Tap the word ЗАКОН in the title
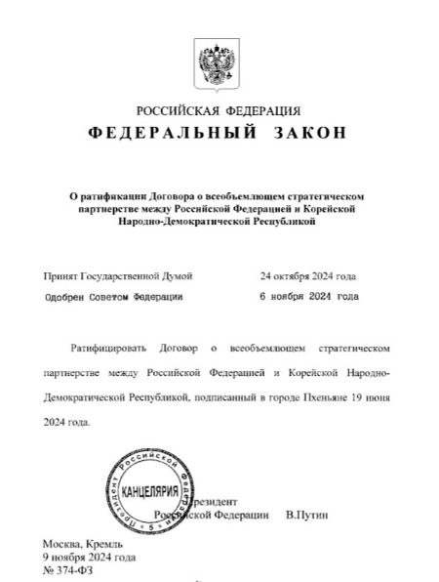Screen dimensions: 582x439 [x=309, y=133]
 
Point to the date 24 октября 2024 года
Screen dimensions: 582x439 [x=307, y=276]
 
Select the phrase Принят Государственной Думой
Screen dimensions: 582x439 [x=117, y=276]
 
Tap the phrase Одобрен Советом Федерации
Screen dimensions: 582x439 [x=113, y=296]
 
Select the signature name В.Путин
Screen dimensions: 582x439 [x=307, y=514]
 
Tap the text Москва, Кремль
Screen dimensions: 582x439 [x=82, y=542]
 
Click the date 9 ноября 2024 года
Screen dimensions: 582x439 [x=89, y=557]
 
